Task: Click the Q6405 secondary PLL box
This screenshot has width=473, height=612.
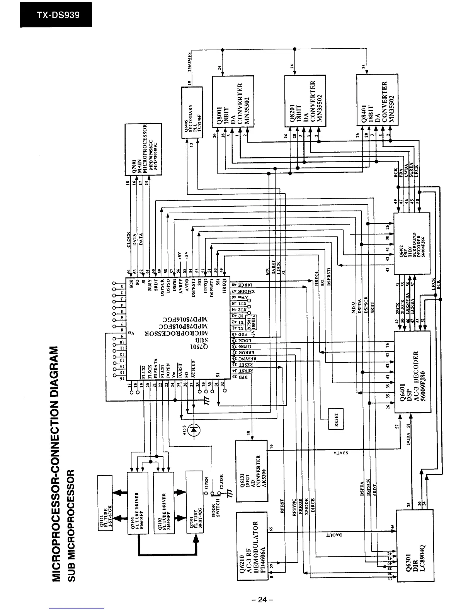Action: coord(192,112)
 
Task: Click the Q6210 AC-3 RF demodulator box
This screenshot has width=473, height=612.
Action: coord(251,543)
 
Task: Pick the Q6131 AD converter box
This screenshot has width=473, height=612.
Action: coord(251,471)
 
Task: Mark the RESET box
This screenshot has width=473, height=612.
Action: coord(335,418)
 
